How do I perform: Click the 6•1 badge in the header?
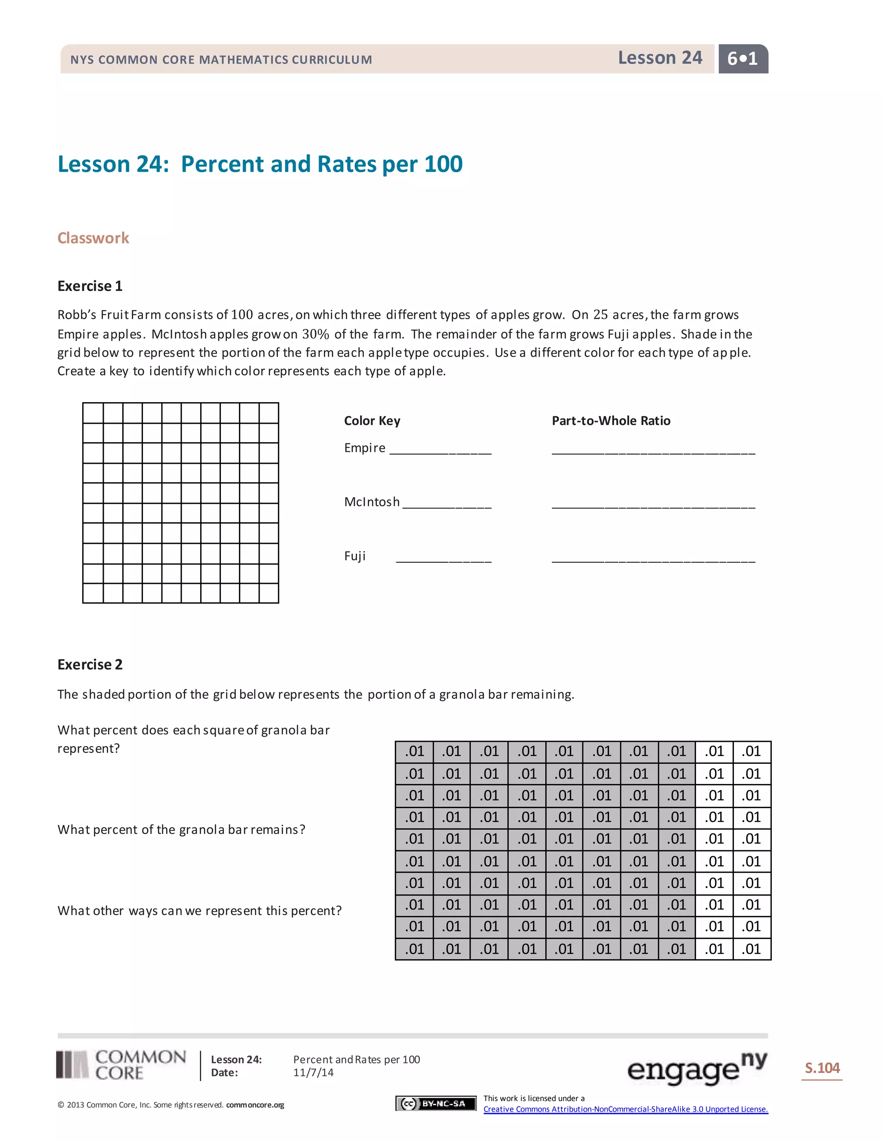pos(742,59)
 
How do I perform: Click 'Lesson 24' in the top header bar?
pos(659,57)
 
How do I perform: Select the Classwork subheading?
pos(93,238)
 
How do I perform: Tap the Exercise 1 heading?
pos(90,286)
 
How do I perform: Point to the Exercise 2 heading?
pos(90,664)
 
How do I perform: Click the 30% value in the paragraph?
pos(316,334)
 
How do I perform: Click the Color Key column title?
pos(372,421)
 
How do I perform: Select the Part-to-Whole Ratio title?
pos(611,421)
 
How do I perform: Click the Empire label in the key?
pos(365,448)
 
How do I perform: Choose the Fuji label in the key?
pos(355,556)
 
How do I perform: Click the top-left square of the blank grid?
pos(93,413)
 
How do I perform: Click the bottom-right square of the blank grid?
pos(269,593)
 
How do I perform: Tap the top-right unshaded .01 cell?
pos(752,751)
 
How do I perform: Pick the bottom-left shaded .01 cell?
pos(414,948)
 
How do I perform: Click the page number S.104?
pos(822,1068)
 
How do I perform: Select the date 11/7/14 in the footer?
pos(313,1073)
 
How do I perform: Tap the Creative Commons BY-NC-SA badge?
pos(436,1104)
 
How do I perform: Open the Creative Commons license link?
pos(625,1109)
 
